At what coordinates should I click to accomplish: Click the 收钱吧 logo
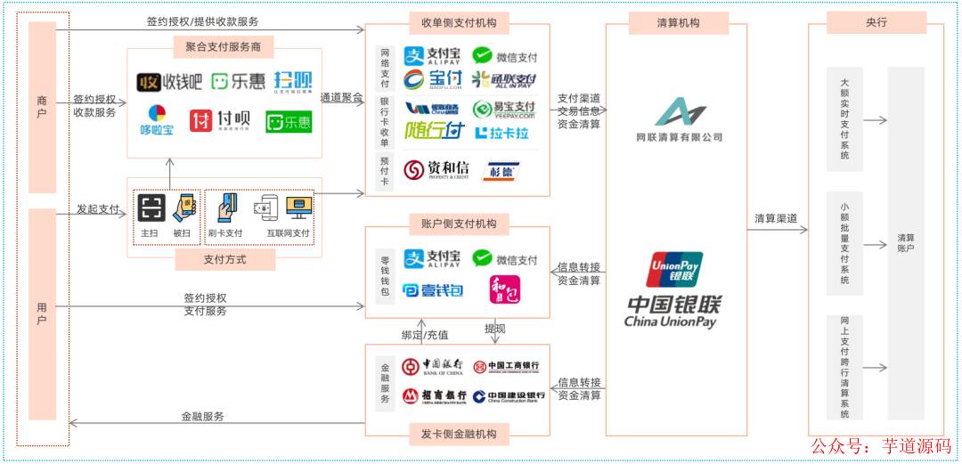169,83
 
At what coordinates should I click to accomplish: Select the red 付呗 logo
219,121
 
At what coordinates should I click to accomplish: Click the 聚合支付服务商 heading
224,46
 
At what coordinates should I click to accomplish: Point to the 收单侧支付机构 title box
459,22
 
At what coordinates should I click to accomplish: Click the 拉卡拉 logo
501,133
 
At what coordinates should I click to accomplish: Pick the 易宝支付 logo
503,109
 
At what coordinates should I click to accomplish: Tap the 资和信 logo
436,169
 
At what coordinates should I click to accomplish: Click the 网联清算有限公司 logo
679,120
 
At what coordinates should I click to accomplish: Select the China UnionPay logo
673,290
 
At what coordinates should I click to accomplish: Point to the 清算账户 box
906,243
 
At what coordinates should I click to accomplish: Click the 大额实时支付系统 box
844,118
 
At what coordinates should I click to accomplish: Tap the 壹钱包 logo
433,289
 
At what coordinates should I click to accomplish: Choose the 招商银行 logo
434,395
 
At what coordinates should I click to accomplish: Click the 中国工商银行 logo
505,366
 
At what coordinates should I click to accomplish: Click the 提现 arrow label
495,329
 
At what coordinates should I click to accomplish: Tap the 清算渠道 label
776,219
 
